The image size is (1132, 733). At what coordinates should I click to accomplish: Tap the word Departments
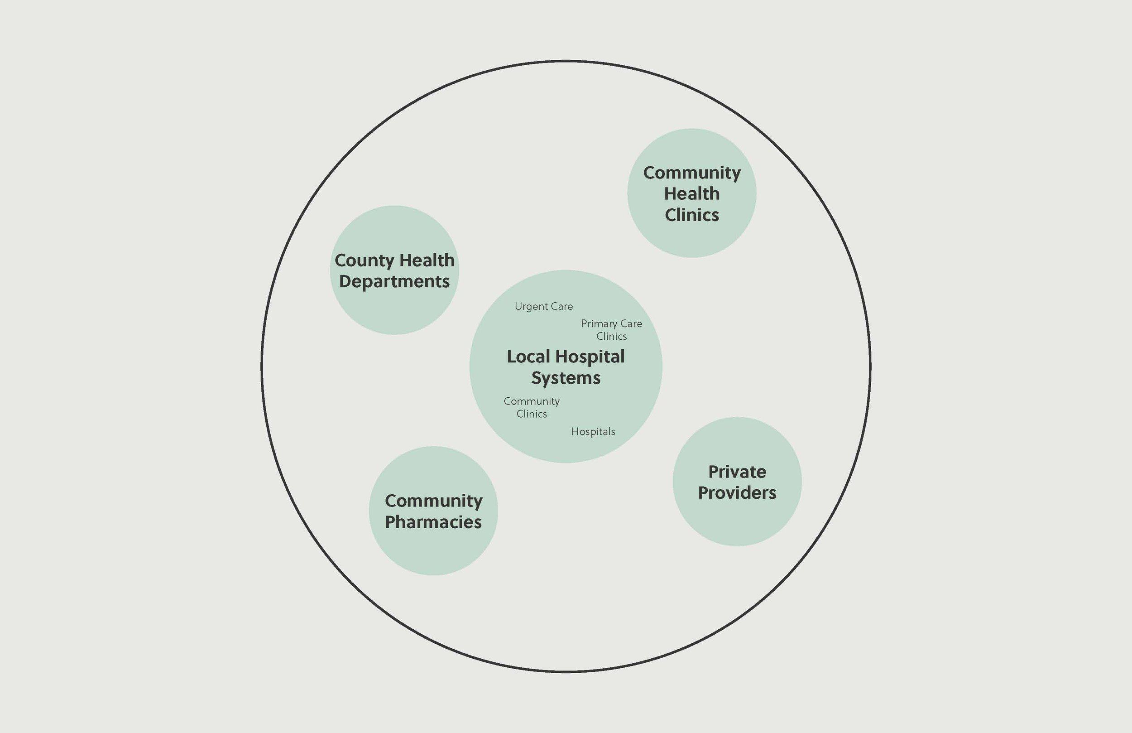click(394, 282)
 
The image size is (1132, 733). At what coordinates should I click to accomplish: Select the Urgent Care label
click(544, 307)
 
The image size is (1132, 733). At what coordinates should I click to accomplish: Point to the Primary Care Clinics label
click(611, 330)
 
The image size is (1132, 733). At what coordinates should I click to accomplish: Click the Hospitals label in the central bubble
click(593, 432)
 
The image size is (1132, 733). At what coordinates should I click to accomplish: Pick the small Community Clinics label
click(531, 407)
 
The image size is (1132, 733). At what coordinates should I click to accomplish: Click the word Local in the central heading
click(528, 357)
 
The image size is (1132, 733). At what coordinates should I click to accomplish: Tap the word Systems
click(566, 378)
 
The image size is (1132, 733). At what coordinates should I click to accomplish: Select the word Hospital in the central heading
click(590, 357)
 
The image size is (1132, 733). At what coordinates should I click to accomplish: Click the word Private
click(737, 472)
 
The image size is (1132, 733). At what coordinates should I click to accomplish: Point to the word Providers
click(737, 492)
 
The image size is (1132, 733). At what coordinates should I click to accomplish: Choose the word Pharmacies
click(433, 522)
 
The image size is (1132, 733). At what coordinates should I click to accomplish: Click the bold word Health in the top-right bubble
click(691, 194)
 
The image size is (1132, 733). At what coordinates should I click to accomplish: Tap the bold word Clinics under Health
click(691, 215)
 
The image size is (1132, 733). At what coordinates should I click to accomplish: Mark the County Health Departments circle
click(394, 309)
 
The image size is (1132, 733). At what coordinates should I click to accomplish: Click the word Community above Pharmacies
click(433, 501)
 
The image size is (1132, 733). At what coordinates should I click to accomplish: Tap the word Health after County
click(427, 260)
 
